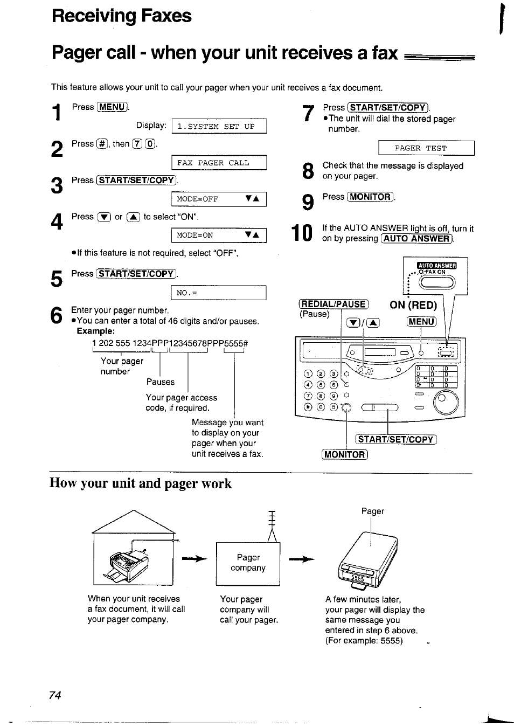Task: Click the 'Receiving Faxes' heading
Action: click(x=122, y=16)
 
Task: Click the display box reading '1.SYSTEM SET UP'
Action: click(x=219, y=127)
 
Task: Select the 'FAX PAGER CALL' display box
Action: click(x=219, y=163)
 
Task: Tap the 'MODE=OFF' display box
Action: click(x=219, y=199)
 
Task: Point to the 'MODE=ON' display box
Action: click(x=219, y=235)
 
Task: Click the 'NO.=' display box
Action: click(x=219, y=293)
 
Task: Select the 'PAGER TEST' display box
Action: click(x=426, y=148)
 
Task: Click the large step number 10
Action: click(x=302, y=233)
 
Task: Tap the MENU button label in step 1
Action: click(x=113, y=107)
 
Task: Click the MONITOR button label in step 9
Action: click(x=371, y=197)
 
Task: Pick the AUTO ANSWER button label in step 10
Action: click(x=417, y=239)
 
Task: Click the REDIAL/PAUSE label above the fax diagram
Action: click(x=334, y=304)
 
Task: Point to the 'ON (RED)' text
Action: click(x=413, y=305)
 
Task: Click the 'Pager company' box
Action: click(x=248, y=563)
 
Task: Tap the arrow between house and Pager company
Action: click(x=195, y=560)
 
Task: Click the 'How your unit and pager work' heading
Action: click(x=141, y=483)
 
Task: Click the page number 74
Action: click(x=55, y=695)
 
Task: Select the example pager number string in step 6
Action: click(x=170, y=343)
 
